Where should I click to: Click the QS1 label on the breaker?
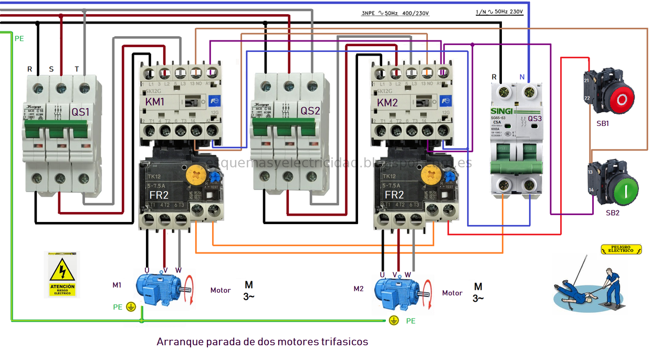click(80, 111)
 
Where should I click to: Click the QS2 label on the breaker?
click(310, 111)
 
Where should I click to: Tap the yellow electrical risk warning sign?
click(62, 275)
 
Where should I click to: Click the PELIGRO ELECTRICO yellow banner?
click(622, 249)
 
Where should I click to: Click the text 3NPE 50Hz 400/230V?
click(395, 13)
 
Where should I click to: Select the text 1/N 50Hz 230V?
click(499, 12)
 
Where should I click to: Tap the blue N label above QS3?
click(522, 77)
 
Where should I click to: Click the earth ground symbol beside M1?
click(131, 306)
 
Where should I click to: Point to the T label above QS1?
click(77, 69)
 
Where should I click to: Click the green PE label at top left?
click(19, 38)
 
